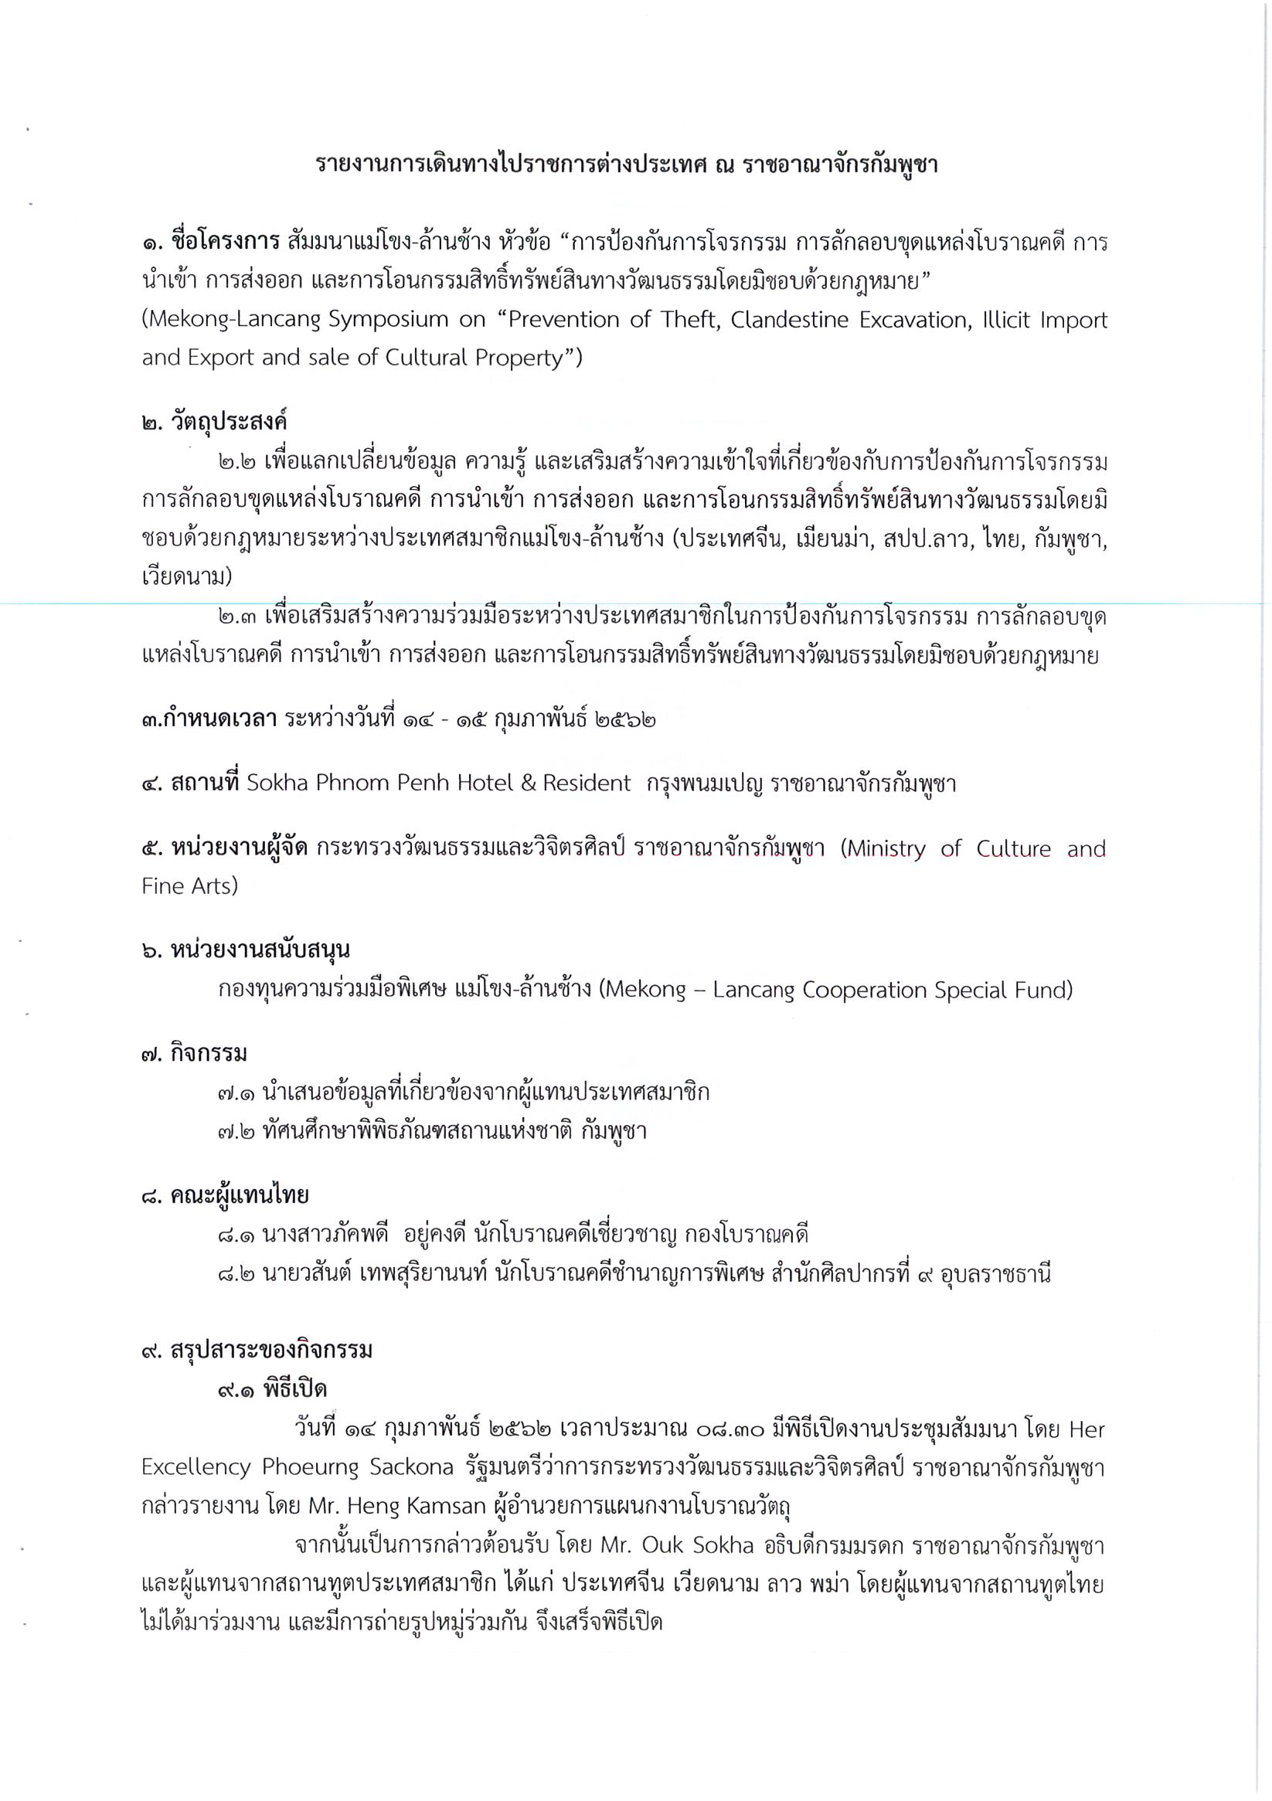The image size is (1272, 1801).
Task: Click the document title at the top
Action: tap(626, 165)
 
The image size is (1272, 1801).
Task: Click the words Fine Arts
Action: tap(189, 886)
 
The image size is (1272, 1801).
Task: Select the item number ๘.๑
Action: tap(237, 1235)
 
